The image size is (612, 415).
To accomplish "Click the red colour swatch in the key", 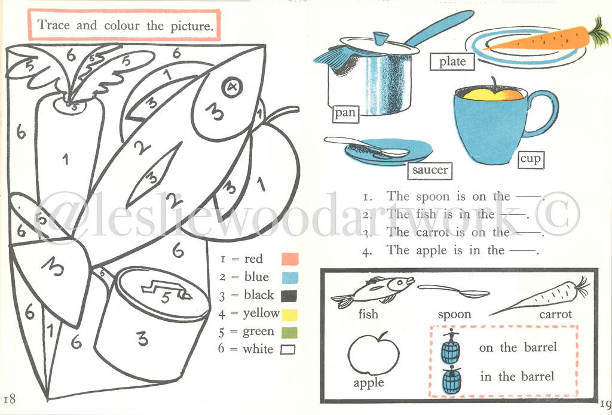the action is tap(289, 259).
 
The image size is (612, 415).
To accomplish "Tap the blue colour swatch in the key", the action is tap(289, 277).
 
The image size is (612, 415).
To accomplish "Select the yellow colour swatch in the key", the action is tap(289, 313).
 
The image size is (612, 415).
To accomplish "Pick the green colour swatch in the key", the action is tap(289, 331).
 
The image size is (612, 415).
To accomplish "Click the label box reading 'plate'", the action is tap(452, 62).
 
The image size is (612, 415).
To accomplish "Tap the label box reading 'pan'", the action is tap(345, 113).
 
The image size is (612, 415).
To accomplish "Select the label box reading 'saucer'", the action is tap(430, 170).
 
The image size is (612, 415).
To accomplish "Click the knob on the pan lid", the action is tap(378, 39).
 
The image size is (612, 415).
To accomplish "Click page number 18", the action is tap(10, 399).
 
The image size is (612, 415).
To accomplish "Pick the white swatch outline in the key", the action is tap(289, 349).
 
